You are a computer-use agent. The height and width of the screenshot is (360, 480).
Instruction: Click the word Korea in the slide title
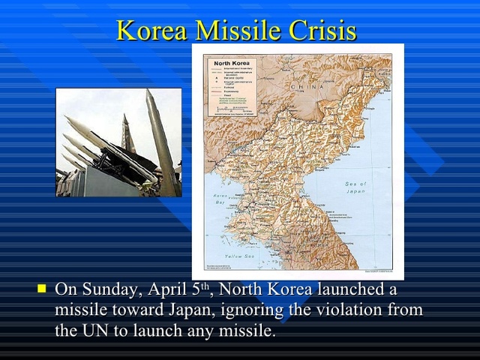click(x=152, y=31)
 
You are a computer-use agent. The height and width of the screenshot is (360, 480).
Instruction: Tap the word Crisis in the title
click(x=322, y=31)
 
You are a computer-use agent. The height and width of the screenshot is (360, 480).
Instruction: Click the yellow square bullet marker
click(x=42, y=287)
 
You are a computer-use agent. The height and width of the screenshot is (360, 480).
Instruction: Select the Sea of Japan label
click(x=358, y=187)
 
